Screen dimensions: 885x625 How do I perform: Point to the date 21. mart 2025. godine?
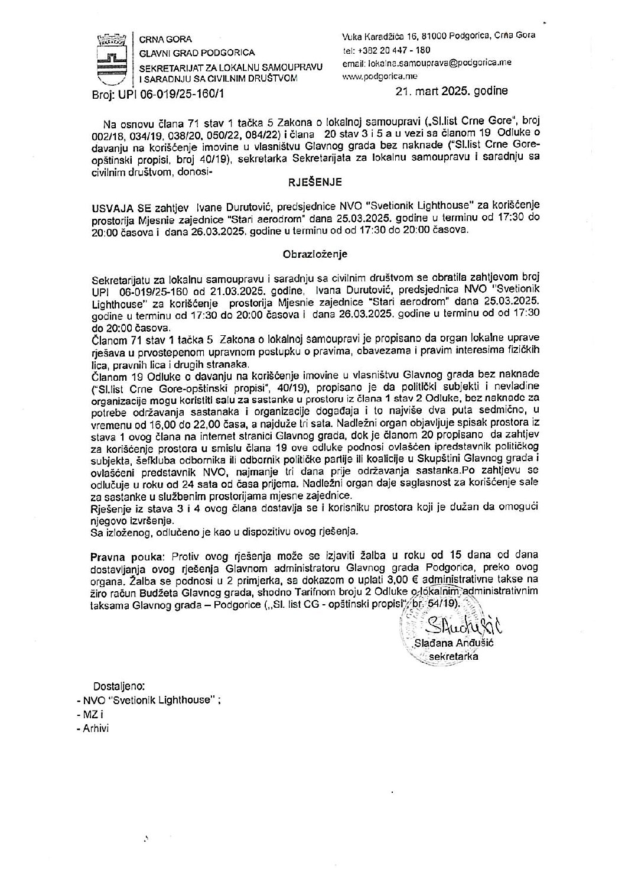point(452,92)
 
